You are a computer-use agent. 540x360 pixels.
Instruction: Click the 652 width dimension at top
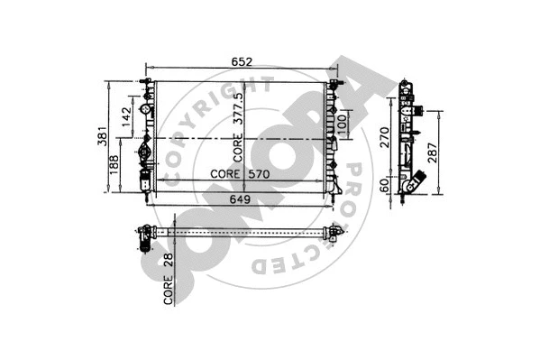(240, 62)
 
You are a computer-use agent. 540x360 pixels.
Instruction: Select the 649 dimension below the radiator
(239, 200)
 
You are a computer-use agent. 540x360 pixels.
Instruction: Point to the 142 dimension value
(127, 115)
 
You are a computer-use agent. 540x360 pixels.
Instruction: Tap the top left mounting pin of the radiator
(145, 84)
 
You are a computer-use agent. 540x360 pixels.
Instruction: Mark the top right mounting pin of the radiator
(336, 84)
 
